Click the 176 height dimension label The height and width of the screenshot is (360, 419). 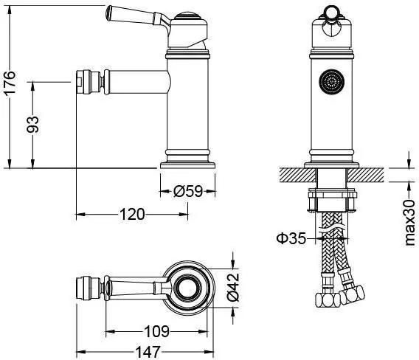tap(10, 83)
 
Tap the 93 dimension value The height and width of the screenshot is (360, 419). tap(33, 124)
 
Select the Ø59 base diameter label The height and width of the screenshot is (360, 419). tap(188, 191)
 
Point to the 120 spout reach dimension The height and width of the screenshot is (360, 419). tap(132, 215)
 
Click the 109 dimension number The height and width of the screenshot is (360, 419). tap(157, 331)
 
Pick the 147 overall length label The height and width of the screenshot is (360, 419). tap(148, 352)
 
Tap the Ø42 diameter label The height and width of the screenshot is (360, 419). tap(233, 287)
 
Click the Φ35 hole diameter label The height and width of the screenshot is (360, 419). tap(291, 238)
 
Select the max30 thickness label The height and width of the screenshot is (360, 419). tap(409, 222)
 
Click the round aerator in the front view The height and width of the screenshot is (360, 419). tap(332, 82)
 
